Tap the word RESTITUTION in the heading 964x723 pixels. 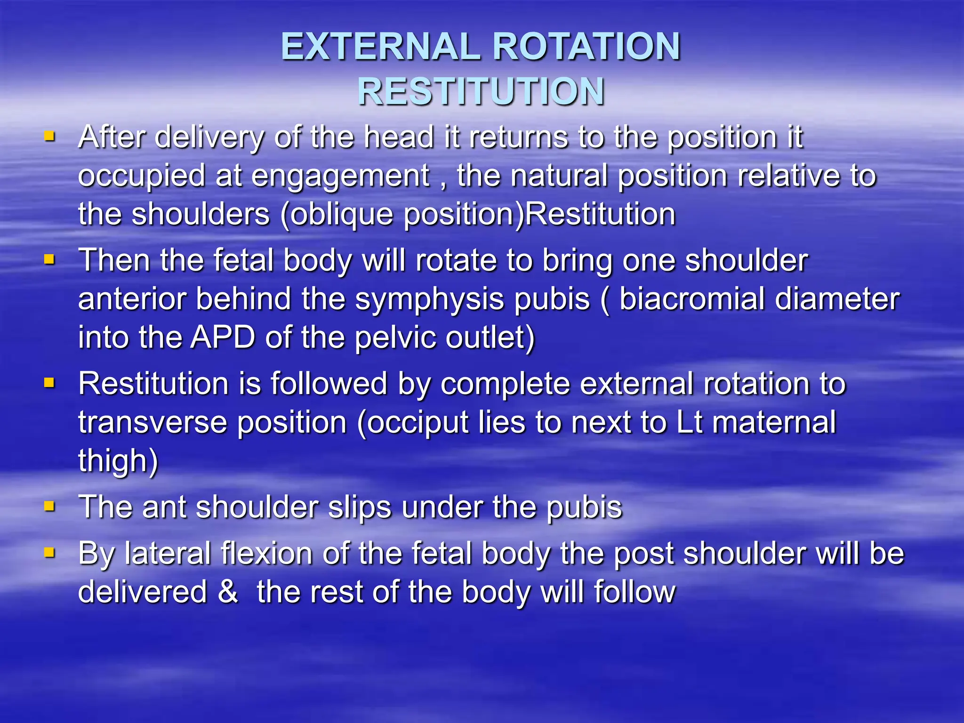pyautogui.click(x=481, y=91)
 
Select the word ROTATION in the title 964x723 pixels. pyautogui.click(x=586, y=47)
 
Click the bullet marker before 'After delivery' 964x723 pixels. pyautogui.click(x=49, y=137)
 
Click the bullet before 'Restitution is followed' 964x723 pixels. pyautogui.click(x=49, y=383)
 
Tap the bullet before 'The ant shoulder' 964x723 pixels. pyautogui.click(x=49, y=506)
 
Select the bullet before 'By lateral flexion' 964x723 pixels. pyautogui.click(x=49, y=552)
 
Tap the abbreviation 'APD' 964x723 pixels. pyautogui.click(x=222, y=337)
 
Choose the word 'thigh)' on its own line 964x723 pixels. pyautogui.click(x=118, y=461)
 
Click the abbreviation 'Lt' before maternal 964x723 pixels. pyautogui.click(x=689, y=422)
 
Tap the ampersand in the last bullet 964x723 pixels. pyautogui.click(x=228, y=591)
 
